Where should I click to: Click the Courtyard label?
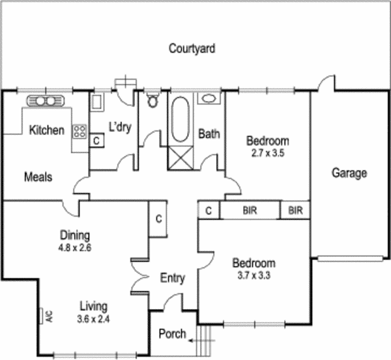[192, 48]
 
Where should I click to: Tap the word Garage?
[349, 173]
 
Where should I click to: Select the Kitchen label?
[47, 130]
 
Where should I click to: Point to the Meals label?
[38, 177]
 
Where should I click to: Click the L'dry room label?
[120, 127]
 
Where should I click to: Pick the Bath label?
[209, 134]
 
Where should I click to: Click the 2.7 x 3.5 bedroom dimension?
[267, 154]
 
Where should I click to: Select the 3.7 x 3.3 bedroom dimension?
[254, 275]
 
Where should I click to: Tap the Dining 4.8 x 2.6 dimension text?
[74, 247]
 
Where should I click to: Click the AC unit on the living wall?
[43, 316]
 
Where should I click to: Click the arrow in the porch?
[194, 340]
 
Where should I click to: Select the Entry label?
[173, 278]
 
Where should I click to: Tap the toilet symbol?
[153, 100]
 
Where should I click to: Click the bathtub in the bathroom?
[181, 119]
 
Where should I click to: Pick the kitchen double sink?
[44, 100]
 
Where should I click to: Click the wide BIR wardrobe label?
[250, 211]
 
